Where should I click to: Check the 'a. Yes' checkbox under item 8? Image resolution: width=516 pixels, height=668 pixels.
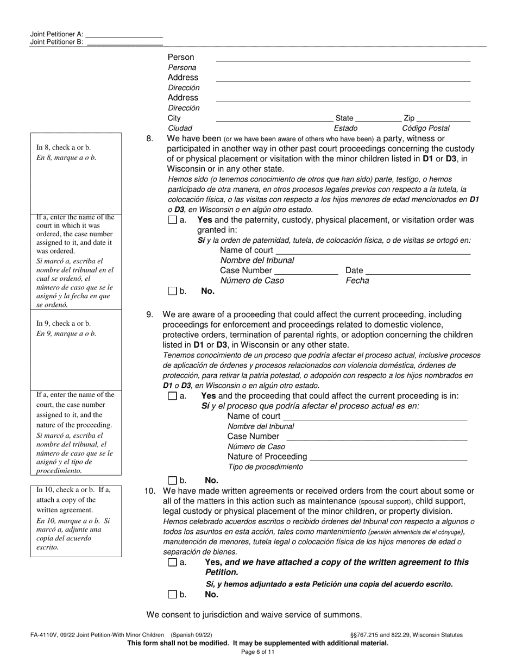pos(172,220)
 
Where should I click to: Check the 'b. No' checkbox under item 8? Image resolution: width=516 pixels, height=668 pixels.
pos(172,291)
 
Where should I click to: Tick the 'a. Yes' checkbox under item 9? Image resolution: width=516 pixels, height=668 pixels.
pos(172,396)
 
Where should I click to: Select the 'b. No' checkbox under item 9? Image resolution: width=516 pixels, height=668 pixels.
pos(172,480)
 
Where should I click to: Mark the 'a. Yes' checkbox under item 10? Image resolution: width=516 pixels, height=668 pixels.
pos(172,563)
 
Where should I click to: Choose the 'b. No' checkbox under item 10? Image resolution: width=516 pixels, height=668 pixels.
pos(172,594)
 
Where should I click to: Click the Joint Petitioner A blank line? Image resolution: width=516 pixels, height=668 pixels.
pos(124,34)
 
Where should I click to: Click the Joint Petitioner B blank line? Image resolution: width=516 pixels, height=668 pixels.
pos(124,42)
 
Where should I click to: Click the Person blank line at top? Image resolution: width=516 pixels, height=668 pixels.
pos(343,58)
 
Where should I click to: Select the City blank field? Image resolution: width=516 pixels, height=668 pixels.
pos(274,119)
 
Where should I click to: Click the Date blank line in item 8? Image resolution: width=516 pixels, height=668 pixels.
pos(418,271)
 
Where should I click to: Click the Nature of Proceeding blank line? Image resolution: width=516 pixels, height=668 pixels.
pos(388,457)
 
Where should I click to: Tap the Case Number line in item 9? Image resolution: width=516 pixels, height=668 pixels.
pos(376,437)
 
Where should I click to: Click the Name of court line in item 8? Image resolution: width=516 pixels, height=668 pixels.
pos(373,251)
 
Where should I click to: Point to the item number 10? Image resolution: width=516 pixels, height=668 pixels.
pos(149,491)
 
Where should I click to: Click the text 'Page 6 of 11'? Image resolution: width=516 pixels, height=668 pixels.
pos(258,652)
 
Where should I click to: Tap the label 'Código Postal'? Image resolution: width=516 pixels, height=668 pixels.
pos(425,129)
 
